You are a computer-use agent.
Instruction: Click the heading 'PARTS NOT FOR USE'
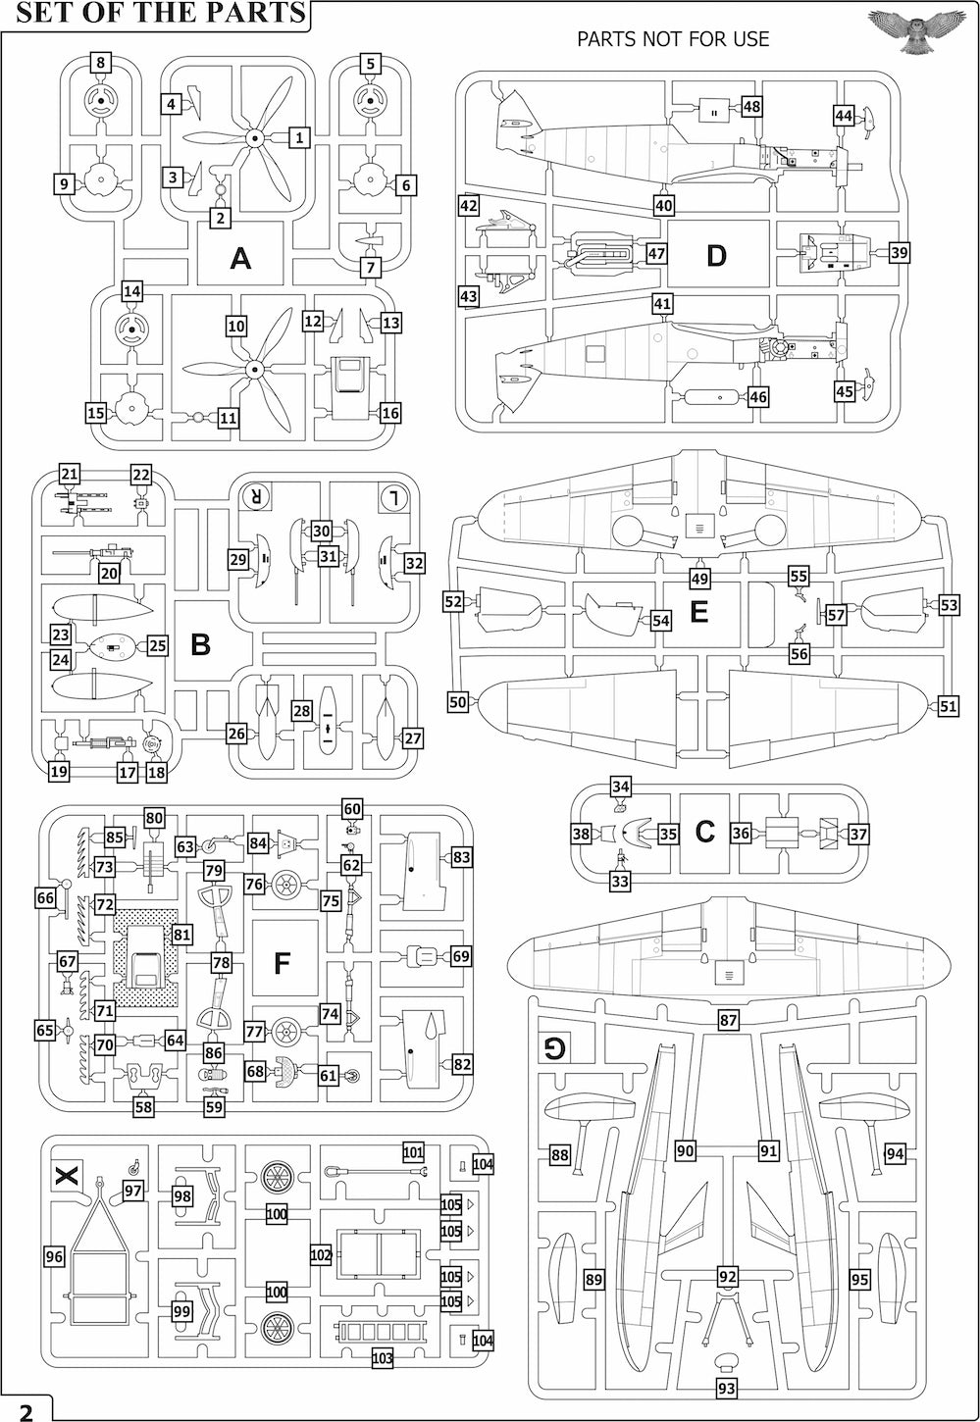[x=673, y=39]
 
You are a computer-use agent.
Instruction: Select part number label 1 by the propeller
[x=299, y=137]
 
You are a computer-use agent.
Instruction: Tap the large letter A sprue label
[x=239, y=258]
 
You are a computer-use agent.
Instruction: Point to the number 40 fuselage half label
[x=664, y=206]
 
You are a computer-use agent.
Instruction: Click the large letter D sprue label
[x=716, y=256]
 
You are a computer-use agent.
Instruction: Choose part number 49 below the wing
[x=699, y=579]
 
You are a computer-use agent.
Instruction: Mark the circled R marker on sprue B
[x=256, y=496]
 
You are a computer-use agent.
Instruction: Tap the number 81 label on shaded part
[x=181, y=935]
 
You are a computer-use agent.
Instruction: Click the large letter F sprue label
[x=282, y=963]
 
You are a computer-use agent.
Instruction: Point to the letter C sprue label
[x=704, y=832]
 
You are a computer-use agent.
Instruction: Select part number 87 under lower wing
[x=728, y=1021]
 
